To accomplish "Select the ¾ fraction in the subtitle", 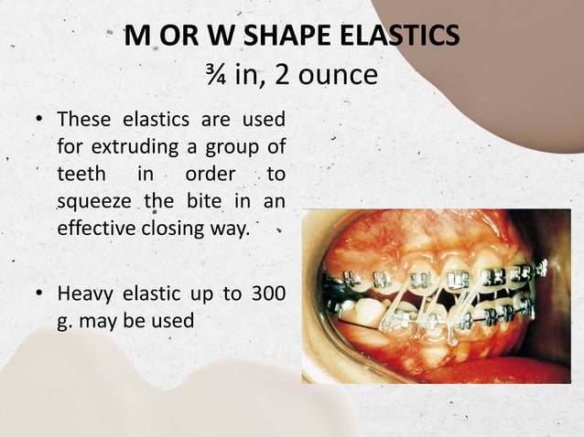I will click(x=218, y=73).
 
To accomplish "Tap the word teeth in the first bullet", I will click(x=81, y=173).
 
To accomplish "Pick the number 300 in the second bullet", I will click(x=265, y=295).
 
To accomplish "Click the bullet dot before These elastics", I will click(x=40, y=120).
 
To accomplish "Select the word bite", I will click(x=214, y=200).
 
